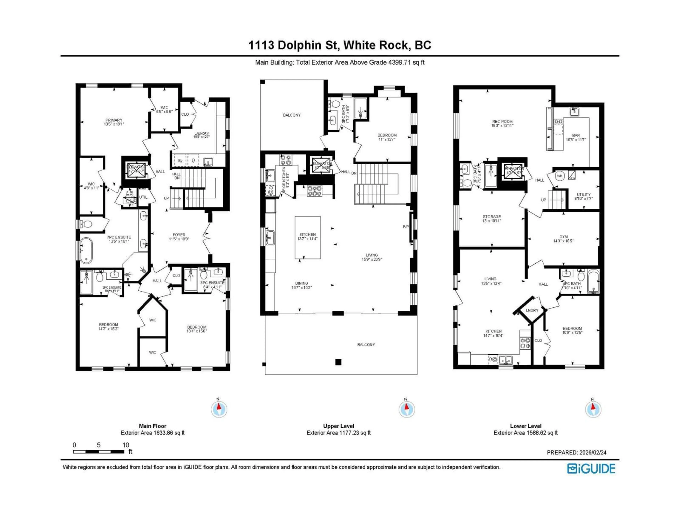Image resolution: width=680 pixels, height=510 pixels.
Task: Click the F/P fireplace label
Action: coord(406,226)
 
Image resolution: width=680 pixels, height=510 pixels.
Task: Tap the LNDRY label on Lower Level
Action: coord(532,310)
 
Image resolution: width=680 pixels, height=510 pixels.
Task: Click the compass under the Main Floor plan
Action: coord(219,409)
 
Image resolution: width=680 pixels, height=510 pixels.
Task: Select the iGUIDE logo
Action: coord(591,469)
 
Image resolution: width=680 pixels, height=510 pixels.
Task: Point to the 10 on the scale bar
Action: coord(125,445)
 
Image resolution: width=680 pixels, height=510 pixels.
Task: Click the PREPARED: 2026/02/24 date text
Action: coord(576,452)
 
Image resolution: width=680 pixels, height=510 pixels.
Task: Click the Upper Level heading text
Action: coord(338,426)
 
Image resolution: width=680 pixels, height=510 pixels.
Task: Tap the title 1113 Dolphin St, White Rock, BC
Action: coord(340,45)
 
